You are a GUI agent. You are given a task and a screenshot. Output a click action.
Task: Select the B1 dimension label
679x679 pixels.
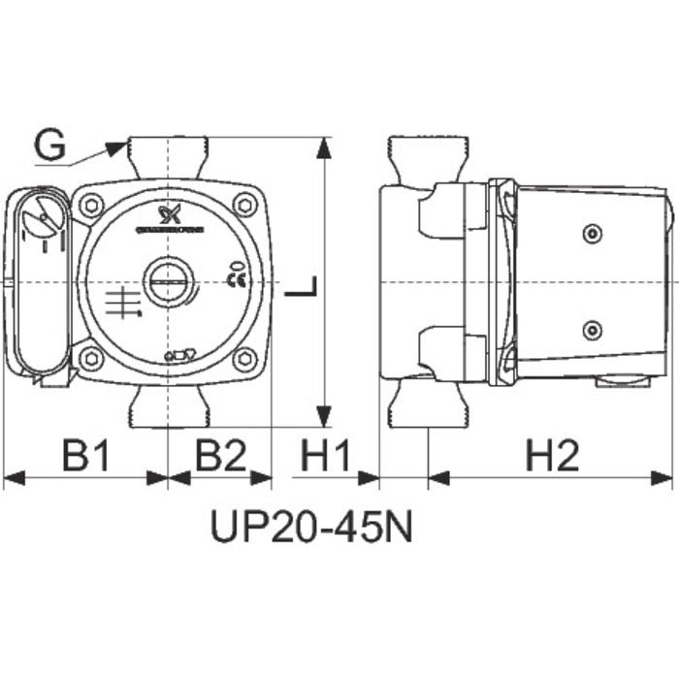coord(86,453)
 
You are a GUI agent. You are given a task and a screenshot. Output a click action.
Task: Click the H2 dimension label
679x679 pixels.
coord(552,453)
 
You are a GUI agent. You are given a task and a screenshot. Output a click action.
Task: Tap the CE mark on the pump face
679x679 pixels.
coord(234,281)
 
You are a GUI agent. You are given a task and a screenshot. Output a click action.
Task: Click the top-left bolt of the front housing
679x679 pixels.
coord(93,206)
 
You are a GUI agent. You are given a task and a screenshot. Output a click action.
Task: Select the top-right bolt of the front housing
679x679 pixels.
coord(244,206)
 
